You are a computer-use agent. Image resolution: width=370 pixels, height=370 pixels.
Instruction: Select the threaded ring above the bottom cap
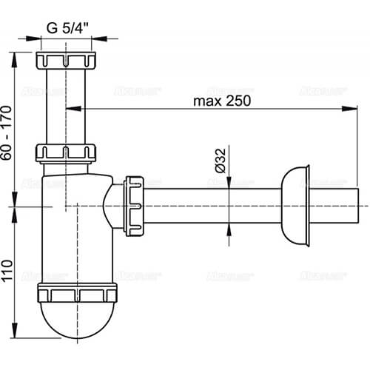(76, 292)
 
